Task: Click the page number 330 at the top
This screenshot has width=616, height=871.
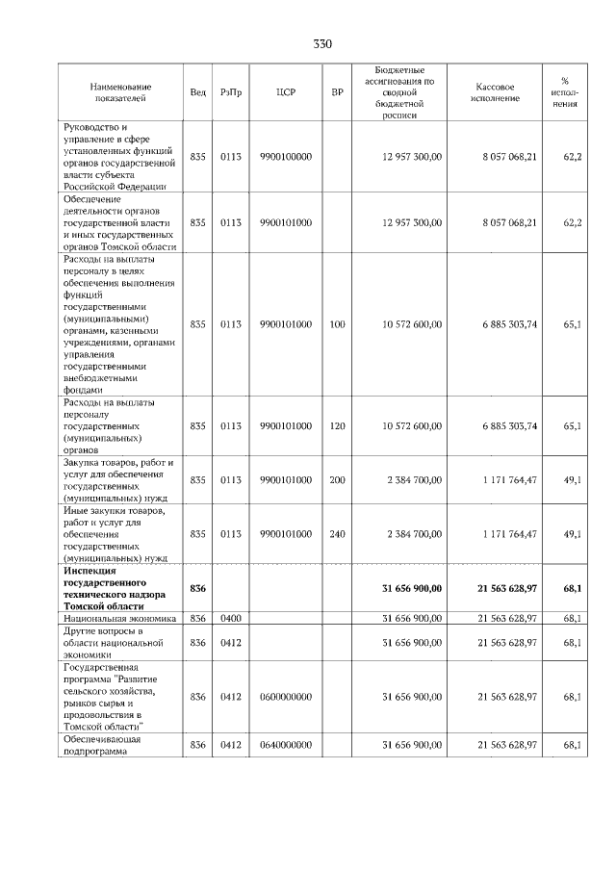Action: [x=322, y=44]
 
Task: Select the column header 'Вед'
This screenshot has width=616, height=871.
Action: [x=198, y=92]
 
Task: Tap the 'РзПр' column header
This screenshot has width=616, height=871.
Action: [x=230, y=92]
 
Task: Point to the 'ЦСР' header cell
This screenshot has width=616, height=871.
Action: [x=286, y=92]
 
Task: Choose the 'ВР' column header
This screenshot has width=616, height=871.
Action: [x=337, y=92]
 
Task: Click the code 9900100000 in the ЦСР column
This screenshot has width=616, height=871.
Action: [x=286, y=156]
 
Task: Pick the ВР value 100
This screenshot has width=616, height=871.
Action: [x=337, y=324]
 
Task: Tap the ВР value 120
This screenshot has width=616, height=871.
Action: [x=337, y=425]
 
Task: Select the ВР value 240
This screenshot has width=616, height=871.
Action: [x=337, y=533]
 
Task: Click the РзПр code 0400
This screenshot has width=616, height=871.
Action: [x=230, y=618]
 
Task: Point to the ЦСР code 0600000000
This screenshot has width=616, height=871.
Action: [x=286, y=696]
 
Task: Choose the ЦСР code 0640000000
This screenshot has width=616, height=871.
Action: [x=286, y=745]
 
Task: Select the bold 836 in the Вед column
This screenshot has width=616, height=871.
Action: [x=198, y=588]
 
